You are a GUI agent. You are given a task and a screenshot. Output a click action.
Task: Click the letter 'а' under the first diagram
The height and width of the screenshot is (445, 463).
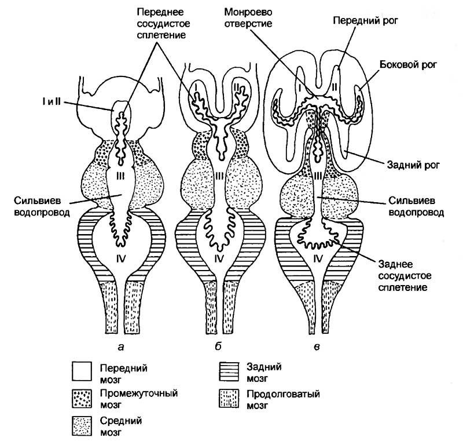(x=120, y=348)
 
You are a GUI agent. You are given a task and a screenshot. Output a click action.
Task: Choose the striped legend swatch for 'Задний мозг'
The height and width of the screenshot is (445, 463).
(x=229, y=371)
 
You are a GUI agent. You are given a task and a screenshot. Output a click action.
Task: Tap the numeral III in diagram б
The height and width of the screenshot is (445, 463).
(x=219, y=176)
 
